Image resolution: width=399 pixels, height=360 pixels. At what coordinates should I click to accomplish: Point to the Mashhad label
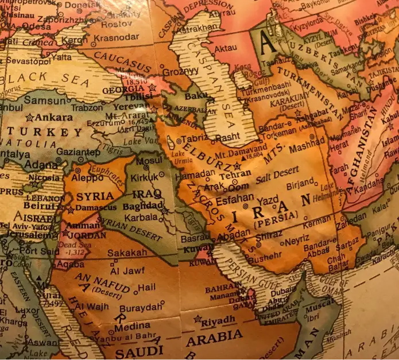click(307, 149)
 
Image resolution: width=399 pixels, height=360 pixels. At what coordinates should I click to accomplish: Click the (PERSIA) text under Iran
click(275, 218)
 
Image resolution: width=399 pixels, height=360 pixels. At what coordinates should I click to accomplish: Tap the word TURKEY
click(37, 133)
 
